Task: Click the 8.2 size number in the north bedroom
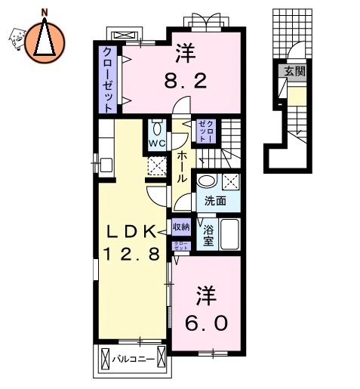tap(186, 80)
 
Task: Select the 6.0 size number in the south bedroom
tap(206, 321)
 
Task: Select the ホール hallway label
tap(182, 167)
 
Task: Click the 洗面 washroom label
tap(216, 201)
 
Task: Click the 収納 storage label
tap(181, 225)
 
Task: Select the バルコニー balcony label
tap(134, 360)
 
